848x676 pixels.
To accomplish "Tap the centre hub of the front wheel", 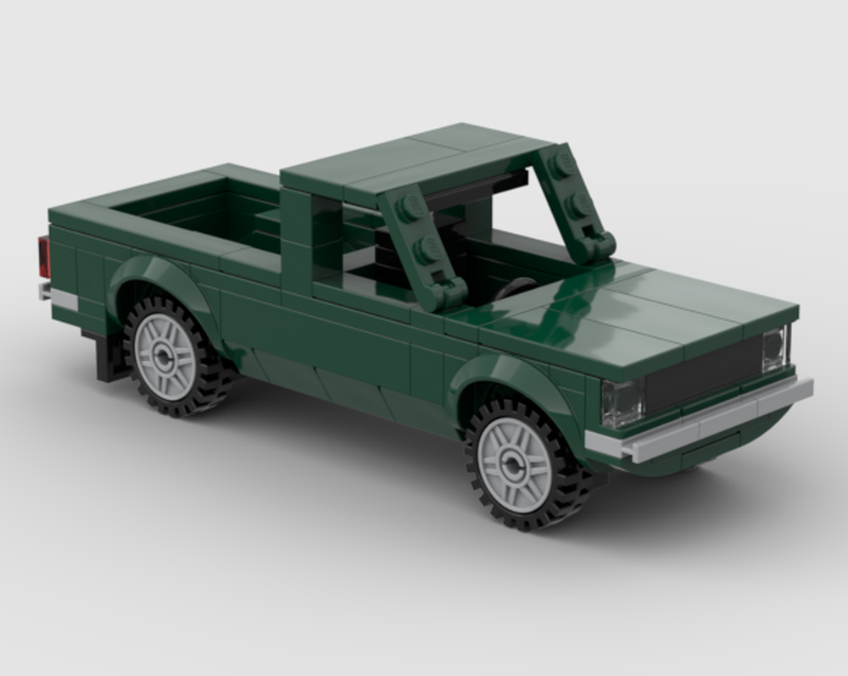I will [515, 463].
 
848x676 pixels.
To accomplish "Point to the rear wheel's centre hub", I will [165, 356].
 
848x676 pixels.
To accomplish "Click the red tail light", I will [43, 257].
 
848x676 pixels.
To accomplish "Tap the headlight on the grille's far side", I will [773, 349].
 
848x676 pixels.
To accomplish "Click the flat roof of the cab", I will [416, 161].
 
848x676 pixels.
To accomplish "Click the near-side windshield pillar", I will [420, 246].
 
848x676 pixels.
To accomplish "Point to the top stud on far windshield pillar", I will [561, 164].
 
